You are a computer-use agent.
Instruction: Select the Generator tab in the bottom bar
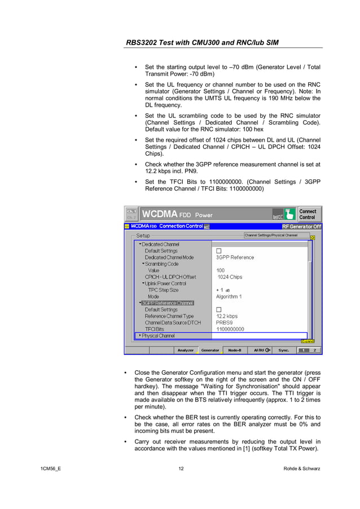210,350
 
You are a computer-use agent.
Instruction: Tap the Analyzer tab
185,350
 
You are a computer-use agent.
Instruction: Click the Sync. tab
283,350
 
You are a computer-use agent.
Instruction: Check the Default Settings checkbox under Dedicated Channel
219,251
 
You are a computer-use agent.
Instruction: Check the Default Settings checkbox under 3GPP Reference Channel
219,310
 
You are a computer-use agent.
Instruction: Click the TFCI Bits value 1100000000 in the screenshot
230,329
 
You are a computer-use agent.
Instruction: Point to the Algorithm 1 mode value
229,296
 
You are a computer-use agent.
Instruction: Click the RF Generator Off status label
301,226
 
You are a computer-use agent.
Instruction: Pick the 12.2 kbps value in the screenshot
227,316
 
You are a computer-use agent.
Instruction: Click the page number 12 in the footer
181,469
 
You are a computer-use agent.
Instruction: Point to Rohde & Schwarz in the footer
301,469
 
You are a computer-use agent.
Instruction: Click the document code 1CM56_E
51,469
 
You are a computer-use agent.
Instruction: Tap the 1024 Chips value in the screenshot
230,277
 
